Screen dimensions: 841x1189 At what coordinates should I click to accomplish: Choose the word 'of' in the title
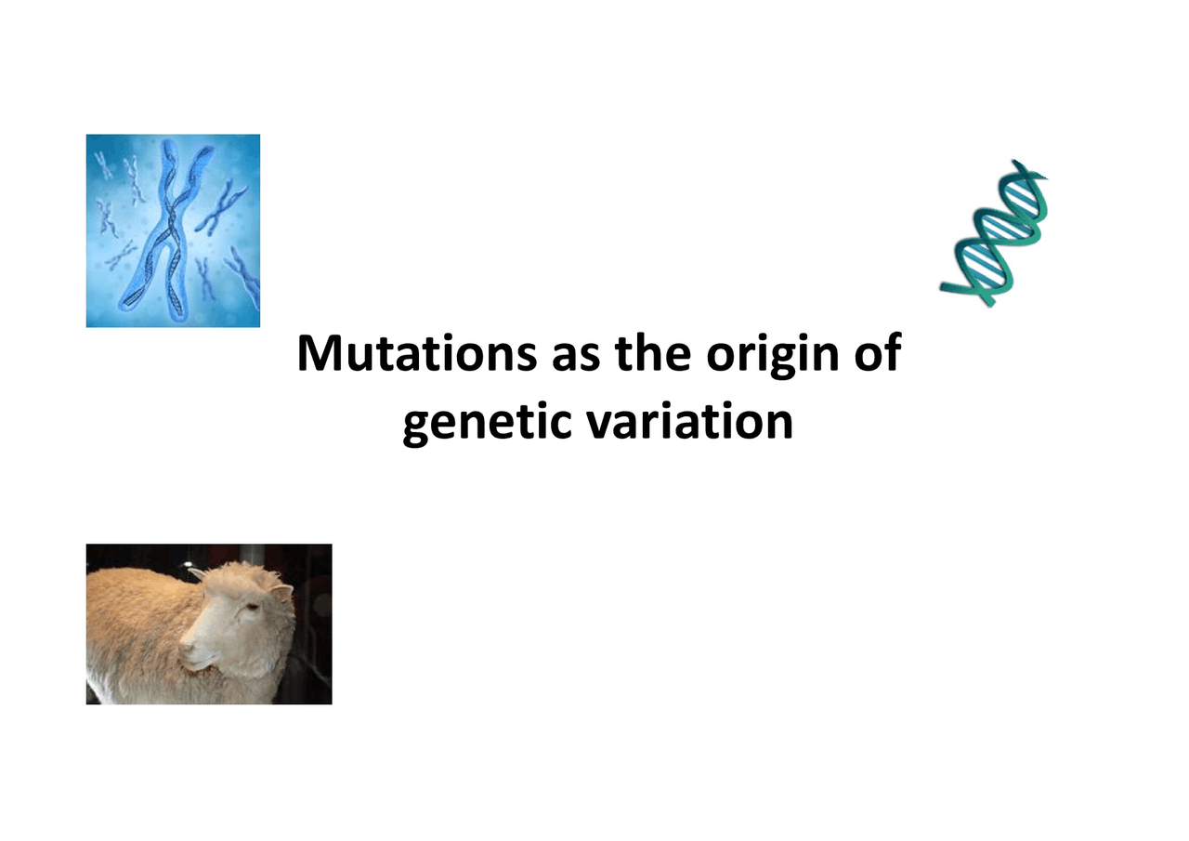coord(878,356)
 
